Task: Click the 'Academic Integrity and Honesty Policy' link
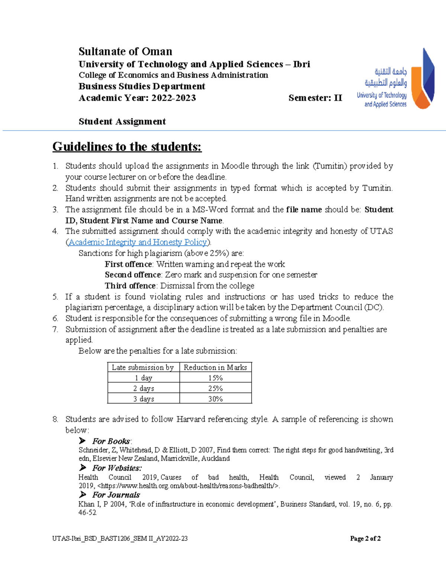138,242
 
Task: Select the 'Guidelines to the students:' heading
127,147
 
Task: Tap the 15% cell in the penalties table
215,378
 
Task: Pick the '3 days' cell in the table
143,399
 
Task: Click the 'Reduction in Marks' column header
215,367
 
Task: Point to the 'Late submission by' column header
143,367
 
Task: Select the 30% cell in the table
215,399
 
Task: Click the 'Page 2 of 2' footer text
365,539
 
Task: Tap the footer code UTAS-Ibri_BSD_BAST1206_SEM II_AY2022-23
120,539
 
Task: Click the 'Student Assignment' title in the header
122,122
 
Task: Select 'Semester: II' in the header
315,98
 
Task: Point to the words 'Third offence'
130,286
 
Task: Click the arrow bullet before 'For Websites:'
83,467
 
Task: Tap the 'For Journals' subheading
116,495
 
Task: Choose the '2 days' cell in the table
143,388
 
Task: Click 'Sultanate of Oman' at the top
125,51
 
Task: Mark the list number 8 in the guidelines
55,419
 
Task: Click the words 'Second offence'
133,275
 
